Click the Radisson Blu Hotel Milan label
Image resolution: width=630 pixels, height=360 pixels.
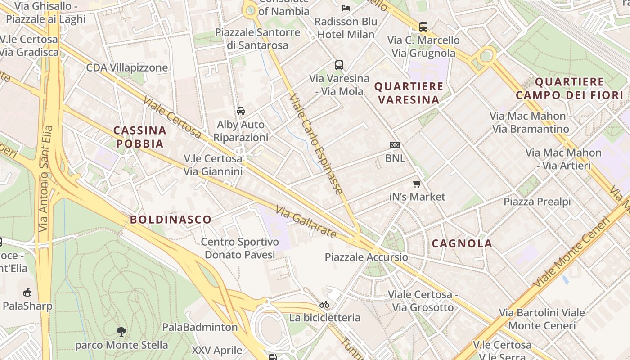346,28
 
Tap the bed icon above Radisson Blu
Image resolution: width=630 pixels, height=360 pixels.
346,8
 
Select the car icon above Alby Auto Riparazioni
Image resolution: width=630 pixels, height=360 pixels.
241,111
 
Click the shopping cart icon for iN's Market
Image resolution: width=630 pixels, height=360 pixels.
417,184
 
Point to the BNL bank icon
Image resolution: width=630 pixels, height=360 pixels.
395,145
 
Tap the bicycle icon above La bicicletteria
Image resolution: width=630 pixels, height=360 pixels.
324,305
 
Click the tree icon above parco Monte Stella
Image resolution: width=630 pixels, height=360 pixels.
121,332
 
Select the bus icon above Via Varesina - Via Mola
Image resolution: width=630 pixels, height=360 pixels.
339,65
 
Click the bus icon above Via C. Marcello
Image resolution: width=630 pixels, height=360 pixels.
423,27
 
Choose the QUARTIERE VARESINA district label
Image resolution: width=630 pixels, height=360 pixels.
409,93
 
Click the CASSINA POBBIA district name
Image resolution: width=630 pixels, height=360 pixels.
139,137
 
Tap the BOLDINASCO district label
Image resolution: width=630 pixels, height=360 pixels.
171,220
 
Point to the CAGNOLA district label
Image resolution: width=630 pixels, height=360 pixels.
462,244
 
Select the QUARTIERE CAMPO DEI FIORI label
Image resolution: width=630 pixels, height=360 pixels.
569,88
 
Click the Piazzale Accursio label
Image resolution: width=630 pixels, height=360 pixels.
366,257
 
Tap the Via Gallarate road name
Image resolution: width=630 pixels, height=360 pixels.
306,222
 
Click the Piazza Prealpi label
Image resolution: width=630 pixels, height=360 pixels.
537,202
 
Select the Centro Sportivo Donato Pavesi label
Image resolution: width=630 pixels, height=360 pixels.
240,248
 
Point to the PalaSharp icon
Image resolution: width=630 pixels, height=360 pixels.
27,292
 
